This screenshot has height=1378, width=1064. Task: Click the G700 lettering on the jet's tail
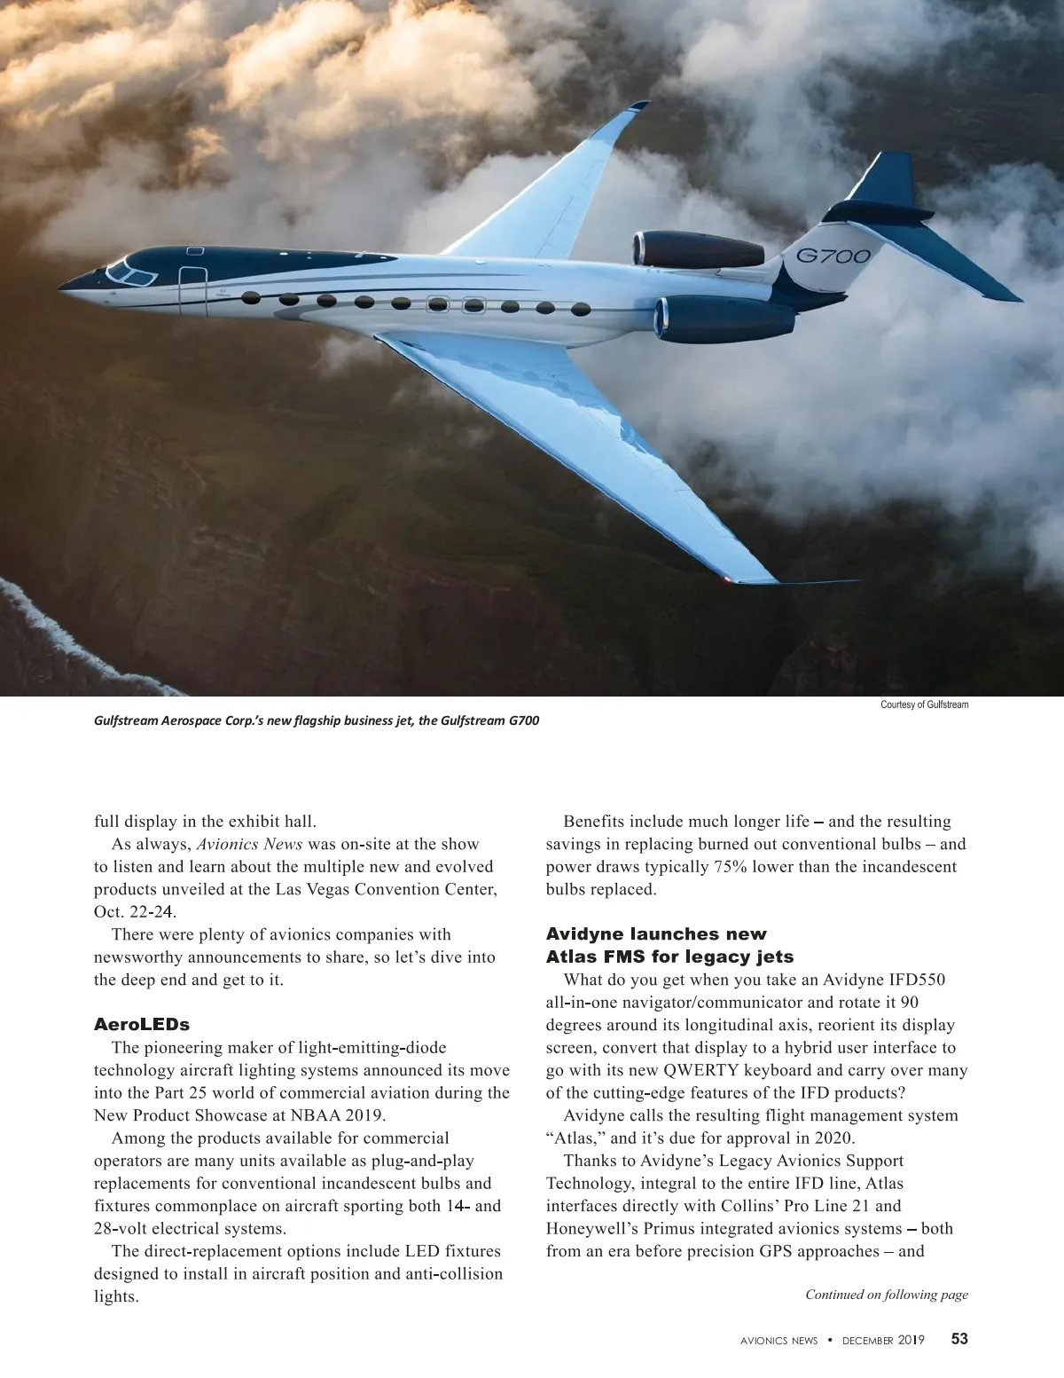[833, 256]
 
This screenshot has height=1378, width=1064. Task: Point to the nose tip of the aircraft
[62, 286]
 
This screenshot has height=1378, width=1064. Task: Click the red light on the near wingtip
[729, 579]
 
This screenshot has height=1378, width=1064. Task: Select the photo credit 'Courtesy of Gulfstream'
[924, 705]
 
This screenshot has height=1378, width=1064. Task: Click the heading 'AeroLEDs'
[142, 1025]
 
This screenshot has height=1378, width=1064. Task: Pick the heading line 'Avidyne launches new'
[656, 934]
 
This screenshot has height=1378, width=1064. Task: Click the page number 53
[959, 1340]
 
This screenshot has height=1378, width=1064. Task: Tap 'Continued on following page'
[886, 1295]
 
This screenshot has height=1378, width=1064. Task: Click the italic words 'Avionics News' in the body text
[249, 844]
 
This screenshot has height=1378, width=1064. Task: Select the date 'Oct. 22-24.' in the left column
[137, 912]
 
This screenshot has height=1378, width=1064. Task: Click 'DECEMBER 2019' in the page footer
[882, 1341]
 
